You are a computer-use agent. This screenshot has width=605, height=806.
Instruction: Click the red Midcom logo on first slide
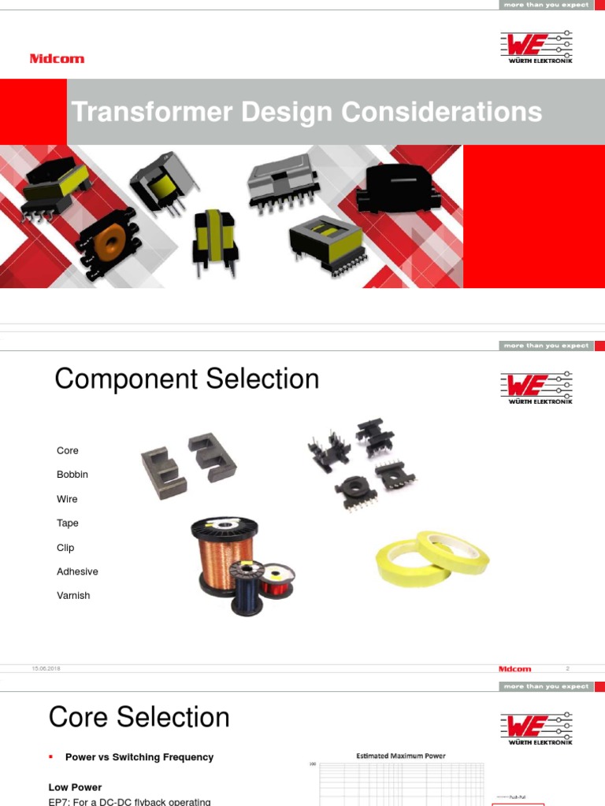coord(57,59)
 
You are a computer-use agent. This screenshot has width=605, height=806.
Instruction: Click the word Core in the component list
coord(68,450)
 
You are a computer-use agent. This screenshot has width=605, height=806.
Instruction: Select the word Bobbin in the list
coord(72,475)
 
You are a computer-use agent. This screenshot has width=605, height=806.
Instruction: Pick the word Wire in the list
coord(67,499)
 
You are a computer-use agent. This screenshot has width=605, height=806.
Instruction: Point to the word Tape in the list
coord(68,523)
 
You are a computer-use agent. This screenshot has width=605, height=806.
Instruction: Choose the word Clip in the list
coord(65,547)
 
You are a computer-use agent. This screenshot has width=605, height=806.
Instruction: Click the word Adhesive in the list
coord(77,571)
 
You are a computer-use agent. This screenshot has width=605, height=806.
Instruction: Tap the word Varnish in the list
coord(73,595)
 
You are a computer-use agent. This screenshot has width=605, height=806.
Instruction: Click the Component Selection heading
coord(187,379)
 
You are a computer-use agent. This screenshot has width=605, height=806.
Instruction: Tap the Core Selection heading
coord(139,717)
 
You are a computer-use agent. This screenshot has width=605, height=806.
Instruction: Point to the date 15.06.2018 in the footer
coord(46,668)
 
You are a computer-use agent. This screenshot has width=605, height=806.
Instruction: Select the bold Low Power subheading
coord(75,787)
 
